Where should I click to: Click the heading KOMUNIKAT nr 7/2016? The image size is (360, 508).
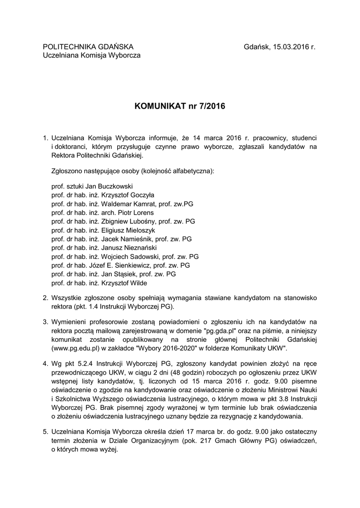point(180,107)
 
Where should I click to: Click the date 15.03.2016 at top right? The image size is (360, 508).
point(290,47)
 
